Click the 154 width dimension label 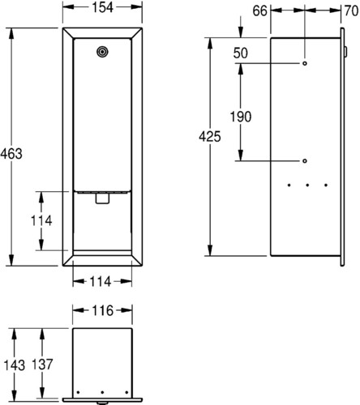[102, 7]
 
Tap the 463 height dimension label [11, 154]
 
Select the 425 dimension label [210, 136]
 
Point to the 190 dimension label [241, 117]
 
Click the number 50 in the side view [240, 53]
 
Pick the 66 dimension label [259, 11]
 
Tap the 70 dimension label [352, 11]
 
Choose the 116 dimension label [102, 311]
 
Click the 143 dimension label [15, 365]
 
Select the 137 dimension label [42, 364]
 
